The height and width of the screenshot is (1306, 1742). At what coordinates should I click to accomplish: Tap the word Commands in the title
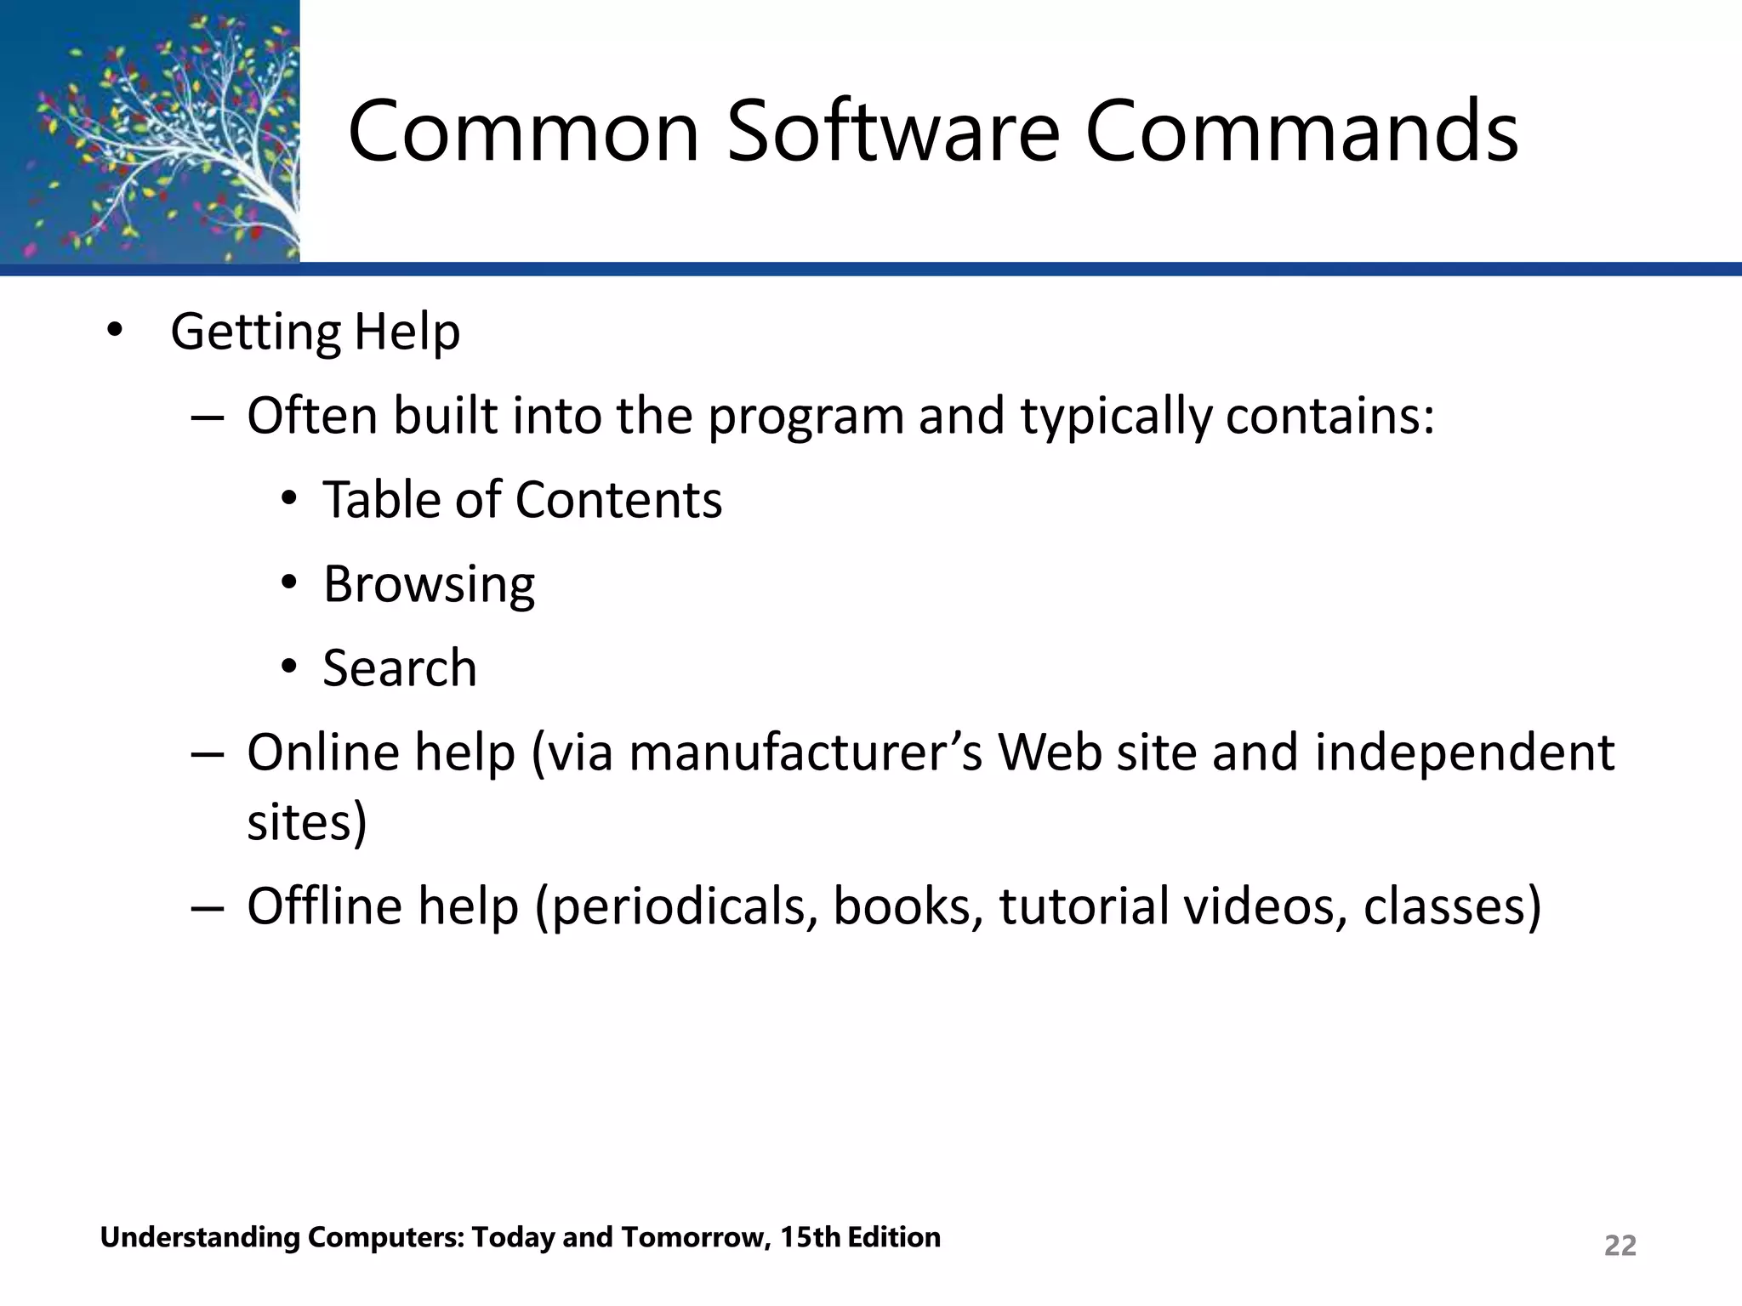click(x=1301, y=132)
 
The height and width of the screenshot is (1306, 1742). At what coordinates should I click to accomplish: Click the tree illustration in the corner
click(x=150, y=131)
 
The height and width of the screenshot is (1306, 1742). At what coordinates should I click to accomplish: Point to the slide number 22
click(x=1620, y=1246)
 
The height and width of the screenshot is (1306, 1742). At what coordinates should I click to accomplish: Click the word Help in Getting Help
click(x=407, y=332)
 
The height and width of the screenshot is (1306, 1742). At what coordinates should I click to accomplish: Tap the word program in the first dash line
click(x=806, y=417)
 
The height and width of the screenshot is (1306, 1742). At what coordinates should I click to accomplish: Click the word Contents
click(x=618, y=499)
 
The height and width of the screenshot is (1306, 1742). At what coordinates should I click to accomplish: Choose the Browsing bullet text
click(x=429, y=584)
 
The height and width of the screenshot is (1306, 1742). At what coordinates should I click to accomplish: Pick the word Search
click(x=400, y=668)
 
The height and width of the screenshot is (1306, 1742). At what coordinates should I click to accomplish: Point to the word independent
click(x=1464, y=753)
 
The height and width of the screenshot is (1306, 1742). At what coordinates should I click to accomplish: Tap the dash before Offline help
click(x=207, y=906)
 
